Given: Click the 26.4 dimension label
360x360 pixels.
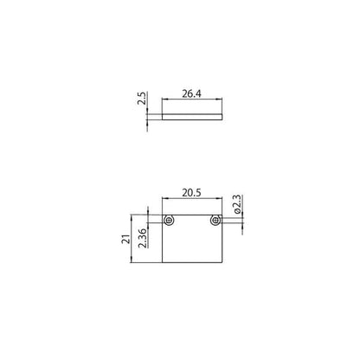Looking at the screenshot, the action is click(x=191, y=93).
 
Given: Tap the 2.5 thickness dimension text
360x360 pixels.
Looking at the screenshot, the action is click(x=141, y=99).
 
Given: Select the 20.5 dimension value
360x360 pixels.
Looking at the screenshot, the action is click(x=191, y=193).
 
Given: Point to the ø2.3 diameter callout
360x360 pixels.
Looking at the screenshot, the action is click(x=236, y=204).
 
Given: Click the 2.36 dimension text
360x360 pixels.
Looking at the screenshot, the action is click(x=143, y=238).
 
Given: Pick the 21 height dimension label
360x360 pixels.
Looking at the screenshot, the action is click(x=126, y=239).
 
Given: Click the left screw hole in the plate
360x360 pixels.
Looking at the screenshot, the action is click(x=170, y=221).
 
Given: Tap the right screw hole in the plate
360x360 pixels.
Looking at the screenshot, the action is click(x=215, y=221).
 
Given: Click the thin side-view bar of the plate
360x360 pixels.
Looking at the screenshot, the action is click(x=192, y=117).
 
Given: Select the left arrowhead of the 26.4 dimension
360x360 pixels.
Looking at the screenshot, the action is click(x=164, y=100).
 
